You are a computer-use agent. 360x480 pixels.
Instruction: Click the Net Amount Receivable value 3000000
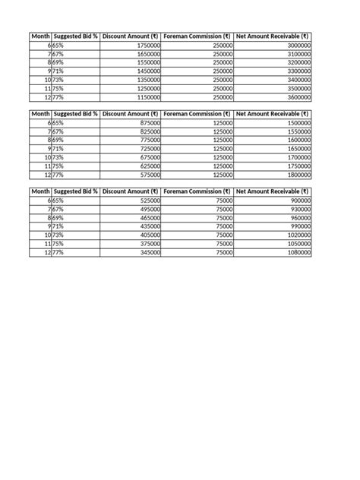click(x=297, y=46)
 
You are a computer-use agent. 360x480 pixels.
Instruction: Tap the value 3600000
click(x=297, y=97)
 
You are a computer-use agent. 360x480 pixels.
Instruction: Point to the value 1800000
click(x=297, y=174)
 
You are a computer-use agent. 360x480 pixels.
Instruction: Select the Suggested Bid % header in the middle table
click(x=75, y=113)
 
